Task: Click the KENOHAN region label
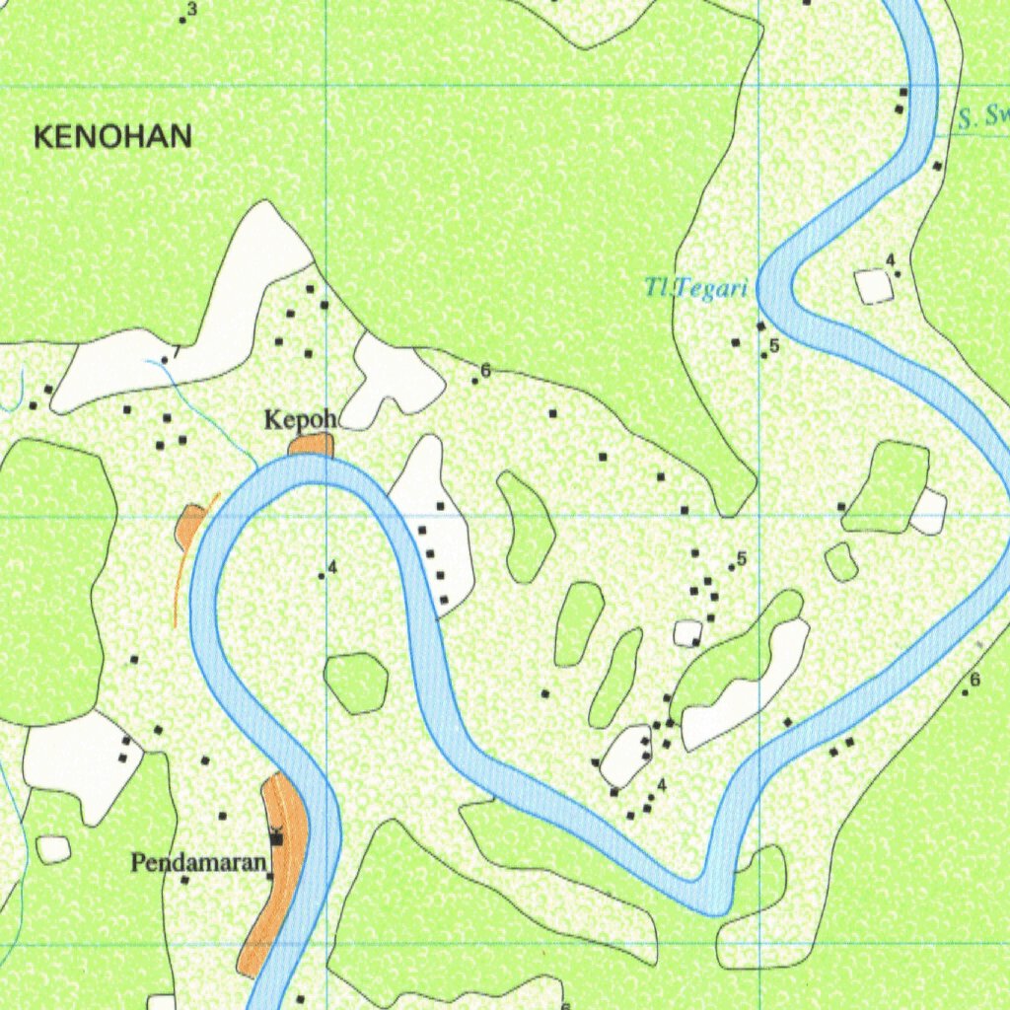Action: coord(112,137)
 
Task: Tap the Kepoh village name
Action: coord(300,420)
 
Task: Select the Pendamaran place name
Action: coord(199,864)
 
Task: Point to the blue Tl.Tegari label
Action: coord(696,289)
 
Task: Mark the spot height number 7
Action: coord(177,351)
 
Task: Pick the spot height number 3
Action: coord(191,10)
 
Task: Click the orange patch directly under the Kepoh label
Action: coord(312,445)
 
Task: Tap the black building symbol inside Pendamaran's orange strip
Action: coord(277,837)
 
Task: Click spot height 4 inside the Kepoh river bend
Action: coord(332,567)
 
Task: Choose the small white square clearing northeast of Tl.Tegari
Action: coord(874,286)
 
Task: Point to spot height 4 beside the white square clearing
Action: coord(890,260)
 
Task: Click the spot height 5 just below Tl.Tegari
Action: coord(774,345)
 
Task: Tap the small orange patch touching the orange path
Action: coord(189,525)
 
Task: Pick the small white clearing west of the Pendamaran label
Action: coord(53,848)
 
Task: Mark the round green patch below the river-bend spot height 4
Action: coord(355,683)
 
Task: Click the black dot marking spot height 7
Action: coord(165,360)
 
